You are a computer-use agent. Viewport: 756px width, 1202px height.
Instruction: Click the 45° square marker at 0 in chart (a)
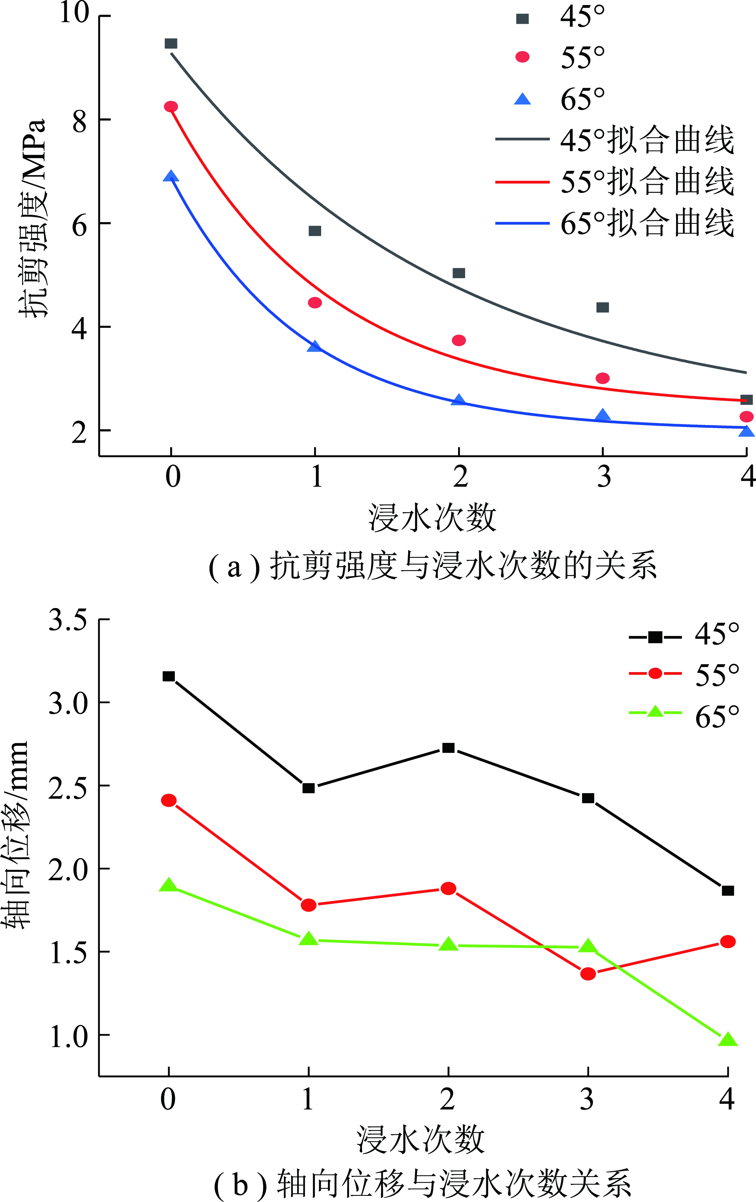[171, 44]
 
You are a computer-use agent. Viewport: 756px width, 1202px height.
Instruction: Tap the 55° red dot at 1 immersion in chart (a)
[315, 303]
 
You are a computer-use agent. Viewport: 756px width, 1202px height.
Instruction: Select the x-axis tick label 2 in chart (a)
[460, 477]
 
